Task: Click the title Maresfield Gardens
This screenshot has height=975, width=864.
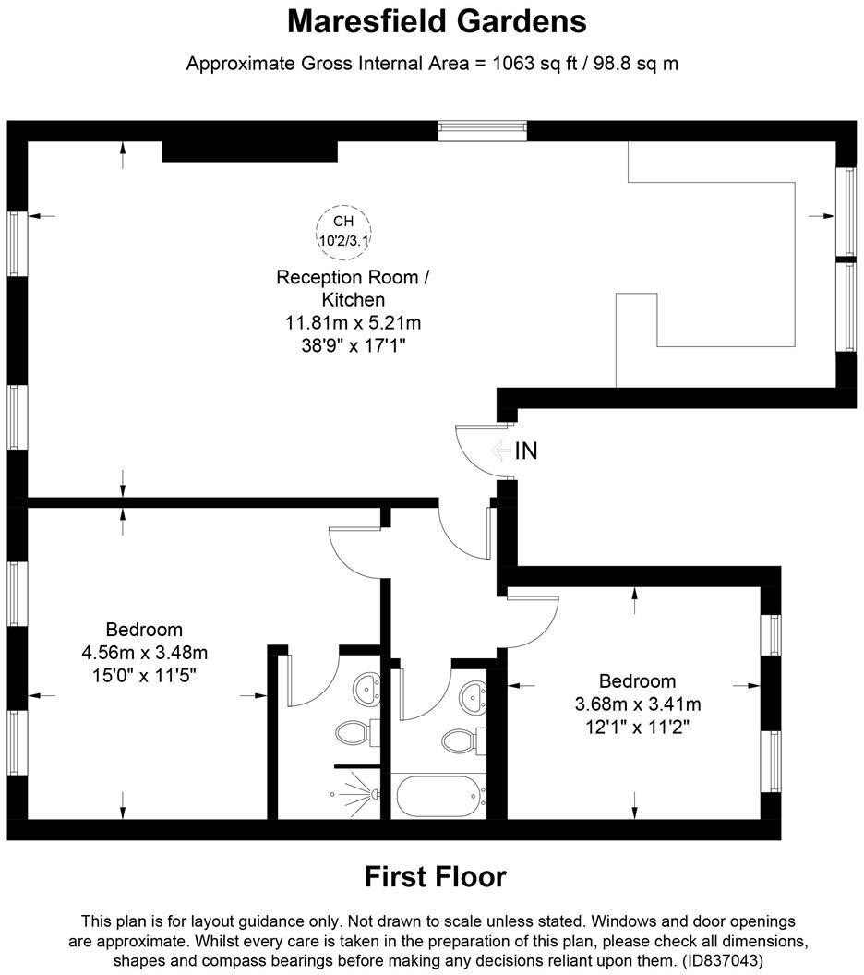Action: click(x=437, y=22)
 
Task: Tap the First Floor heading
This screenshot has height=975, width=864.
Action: click(x=435, y=877)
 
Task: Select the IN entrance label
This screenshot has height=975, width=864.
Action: click(x=526, y=451)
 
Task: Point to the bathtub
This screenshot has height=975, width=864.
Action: click(x=440, y=795)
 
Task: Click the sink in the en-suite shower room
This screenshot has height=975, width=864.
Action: click(x=366, y=690)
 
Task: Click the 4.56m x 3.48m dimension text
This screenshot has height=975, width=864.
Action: click(x=145, y=653)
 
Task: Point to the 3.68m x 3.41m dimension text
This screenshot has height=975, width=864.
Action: click(x=638, y=704)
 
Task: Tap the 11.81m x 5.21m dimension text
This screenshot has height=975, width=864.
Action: click(x=353, y=323)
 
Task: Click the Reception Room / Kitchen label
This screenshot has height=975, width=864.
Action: click(x=353, y=288)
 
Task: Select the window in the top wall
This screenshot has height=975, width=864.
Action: click(x=483, y=131)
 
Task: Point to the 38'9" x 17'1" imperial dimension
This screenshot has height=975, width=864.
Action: click(x=353, y=345)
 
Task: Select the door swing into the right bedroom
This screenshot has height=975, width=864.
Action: click(x=533, y=621)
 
